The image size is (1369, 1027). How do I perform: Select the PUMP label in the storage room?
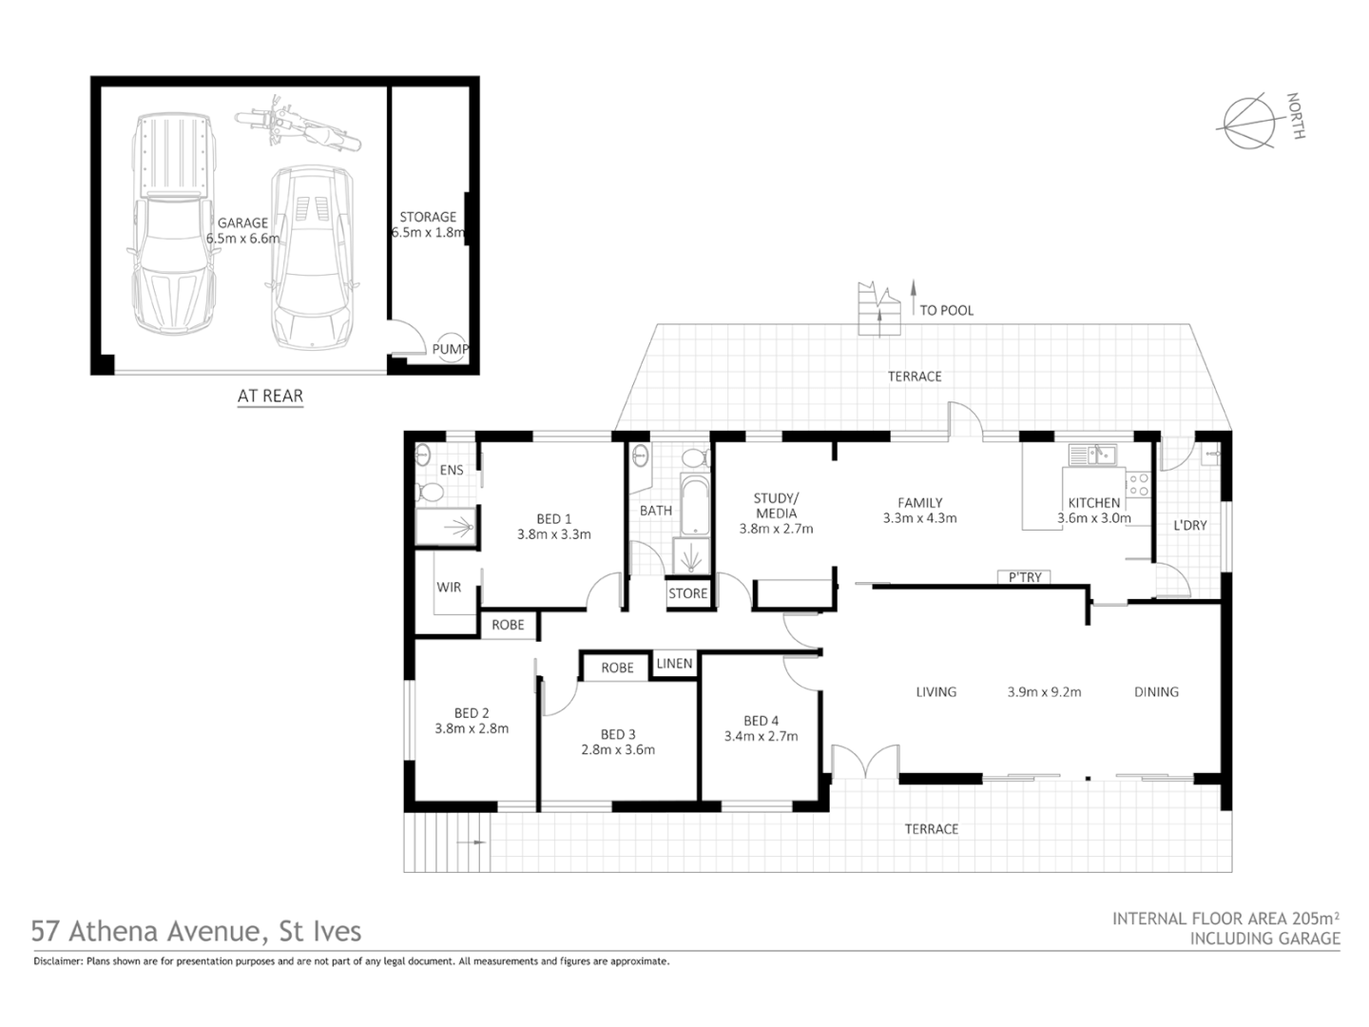click(x=450, y=349)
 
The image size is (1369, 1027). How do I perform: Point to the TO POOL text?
click(x=946, y=310)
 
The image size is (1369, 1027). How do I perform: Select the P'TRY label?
click(x=1024, y=576)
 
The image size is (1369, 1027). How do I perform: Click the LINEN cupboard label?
click(x=674, y=663)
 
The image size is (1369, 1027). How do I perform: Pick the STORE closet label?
click(x=687, y=593)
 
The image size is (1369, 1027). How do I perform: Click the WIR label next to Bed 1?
click(x=449, y=587)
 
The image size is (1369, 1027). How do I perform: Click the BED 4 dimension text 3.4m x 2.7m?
click(x=761, y=736)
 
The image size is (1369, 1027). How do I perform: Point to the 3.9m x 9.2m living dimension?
click(x=1044, y=692)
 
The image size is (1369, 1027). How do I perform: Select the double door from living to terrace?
click(x=865, y=761)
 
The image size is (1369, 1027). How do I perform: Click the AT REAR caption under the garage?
click(x=270, y=396)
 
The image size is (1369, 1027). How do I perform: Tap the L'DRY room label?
click(x=1189, y=525)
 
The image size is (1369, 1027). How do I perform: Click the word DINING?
click(x=1156, y=692)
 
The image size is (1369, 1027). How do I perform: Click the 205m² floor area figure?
click(x=1316, y=919)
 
